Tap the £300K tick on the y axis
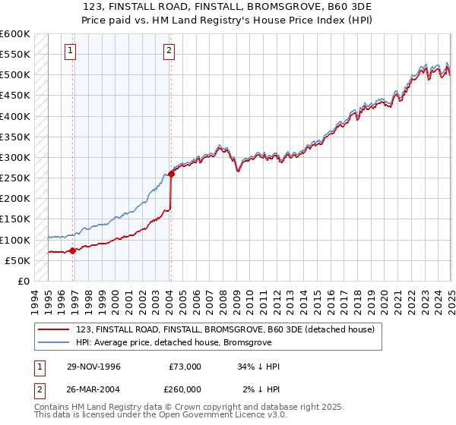(x=14, y=158)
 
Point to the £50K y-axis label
(x=17, y=261)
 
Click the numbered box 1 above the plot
(x=70, y=51)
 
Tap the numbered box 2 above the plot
(x=168, y=51)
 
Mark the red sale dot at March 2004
(x=171, y=174)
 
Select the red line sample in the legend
(x=55, y=330)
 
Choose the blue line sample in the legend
(x=55, y=342)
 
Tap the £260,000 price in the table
(x=185, y=389)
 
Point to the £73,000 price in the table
(x=185, y=367)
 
